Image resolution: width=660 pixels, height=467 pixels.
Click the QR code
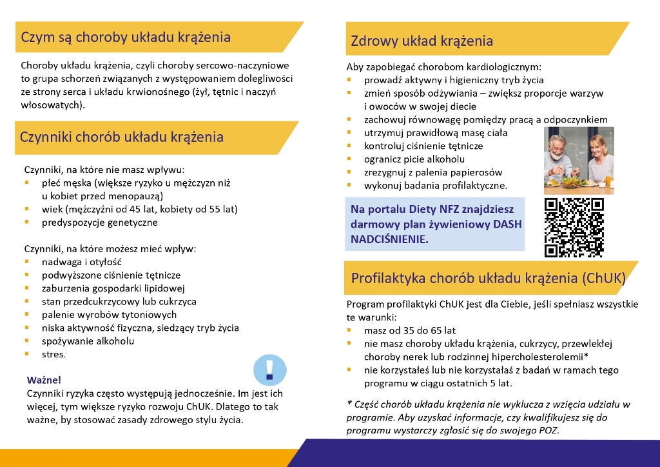tap(574, 227)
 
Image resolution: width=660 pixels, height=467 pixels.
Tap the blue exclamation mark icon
tap(269, 370)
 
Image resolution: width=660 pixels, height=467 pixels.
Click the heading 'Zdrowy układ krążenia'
tap(422, 41)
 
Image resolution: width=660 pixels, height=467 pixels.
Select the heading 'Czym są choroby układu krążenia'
tap(126, 37)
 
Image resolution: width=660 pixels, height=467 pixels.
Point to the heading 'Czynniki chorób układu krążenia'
tap(122, 137)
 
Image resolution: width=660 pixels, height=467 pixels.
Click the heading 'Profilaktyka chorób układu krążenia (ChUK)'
tap(488, 278)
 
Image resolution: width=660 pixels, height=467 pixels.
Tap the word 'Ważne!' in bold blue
tap(44, 380)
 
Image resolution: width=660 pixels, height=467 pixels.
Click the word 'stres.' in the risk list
tap(53, 354)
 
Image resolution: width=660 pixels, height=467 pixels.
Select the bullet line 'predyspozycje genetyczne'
tap(99, 223)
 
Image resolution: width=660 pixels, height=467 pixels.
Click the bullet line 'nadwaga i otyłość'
tap(81, 262)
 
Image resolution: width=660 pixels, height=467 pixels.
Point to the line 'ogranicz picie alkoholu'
tap(414, 159)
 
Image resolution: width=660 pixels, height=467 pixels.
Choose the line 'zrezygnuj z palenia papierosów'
tap(432, 172)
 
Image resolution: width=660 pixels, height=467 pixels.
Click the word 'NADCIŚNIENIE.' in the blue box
tap(389, 239)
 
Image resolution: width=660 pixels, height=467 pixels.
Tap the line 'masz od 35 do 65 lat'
tap(409, 330)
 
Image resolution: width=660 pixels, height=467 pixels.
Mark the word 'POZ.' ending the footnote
tap(548, 430)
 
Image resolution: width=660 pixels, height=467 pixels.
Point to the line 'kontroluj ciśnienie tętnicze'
tap(423, 146)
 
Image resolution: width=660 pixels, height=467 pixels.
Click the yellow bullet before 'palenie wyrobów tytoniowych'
tap(26, 315)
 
